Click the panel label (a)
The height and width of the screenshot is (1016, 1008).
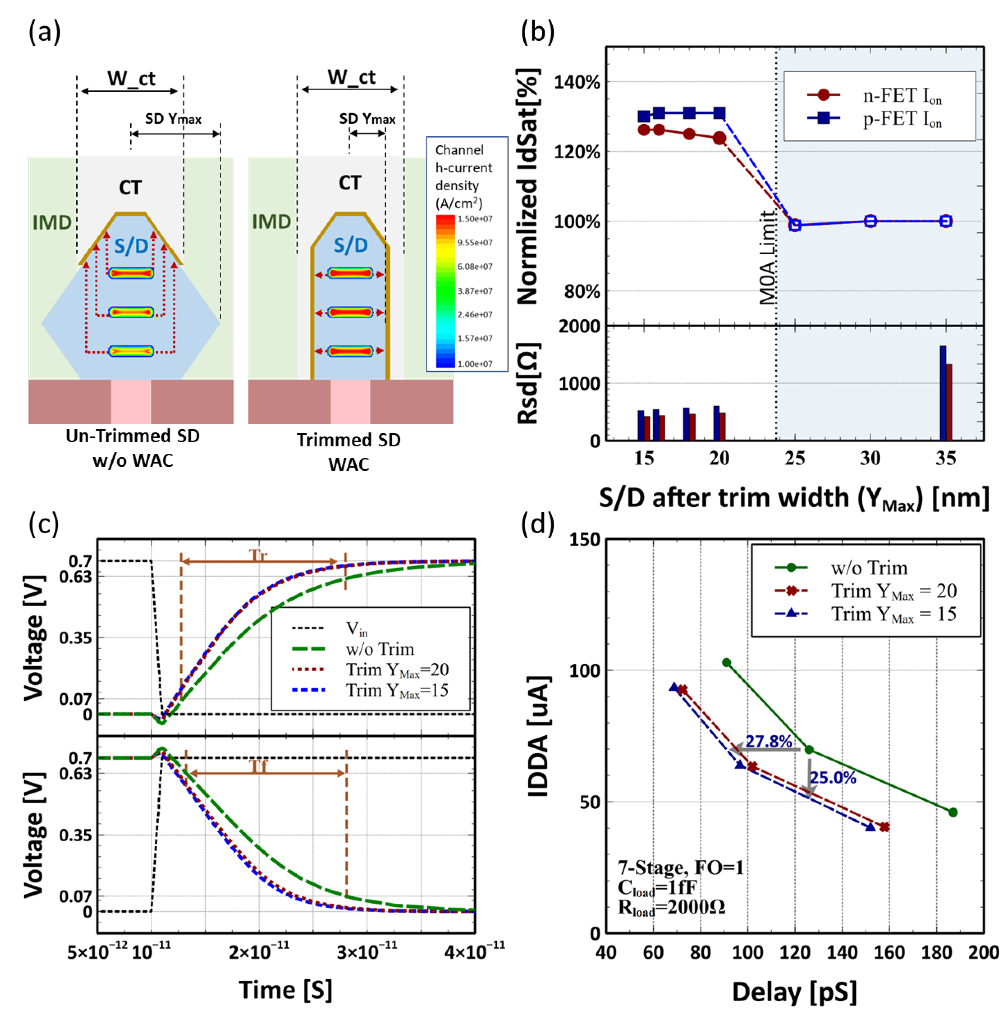point(44,32)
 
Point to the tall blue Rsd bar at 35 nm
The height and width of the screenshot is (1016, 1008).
point(943,392)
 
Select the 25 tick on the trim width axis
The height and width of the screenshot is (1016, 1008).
point(795,459)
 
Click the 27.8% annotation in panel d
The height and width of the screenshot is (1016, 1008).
point(768,741)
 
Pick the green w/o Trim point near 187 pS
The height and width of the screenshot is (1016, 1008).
point(953,813)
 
